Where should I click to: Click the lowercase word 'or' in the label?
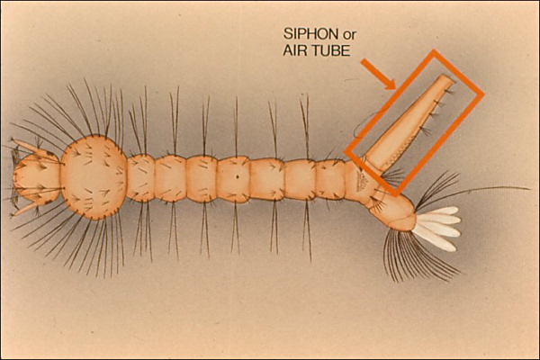click(x=348, y=35)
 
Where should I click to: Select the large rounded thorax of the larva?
click(x=94, y=176)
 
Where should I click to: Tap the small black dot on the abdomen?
click(x=238, y=177)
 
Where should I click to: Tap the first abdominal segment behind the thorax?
click(x=140, y=178)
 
